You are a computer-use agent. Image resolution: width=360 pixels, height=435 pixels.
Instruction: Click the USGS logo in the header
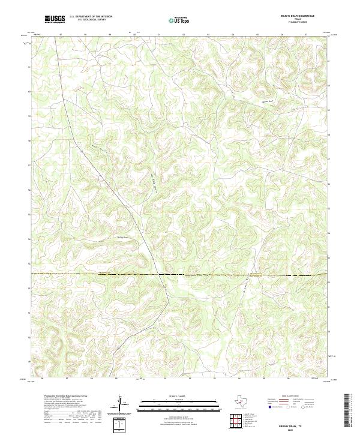point(55,19)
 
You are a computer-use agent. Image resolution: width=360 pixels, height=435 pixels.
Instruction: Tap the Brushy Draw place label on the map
point(122,237)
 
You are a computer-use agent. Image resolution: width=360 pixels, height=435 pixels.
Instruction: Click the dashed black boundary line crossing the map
point(180,275)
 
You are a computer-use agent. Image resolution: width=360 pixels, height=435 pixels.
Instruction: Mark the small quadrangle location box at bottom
point(121,425)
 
